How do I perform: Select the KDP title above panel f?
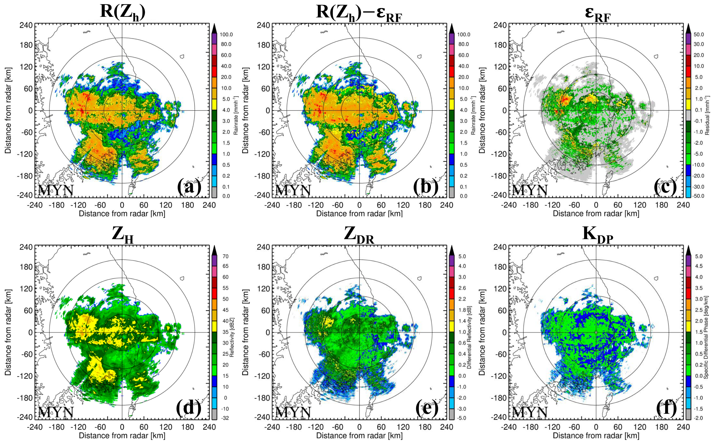click(x=597, y=235)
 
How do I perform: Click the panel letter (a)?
click(x=189, y=187)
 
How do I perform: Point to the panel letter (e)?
click(x=427, y=409)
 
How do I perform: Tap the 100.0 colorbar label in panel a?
click(x=226, y=34)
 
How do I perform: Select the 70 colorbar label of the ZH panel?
click(x=225, y=256)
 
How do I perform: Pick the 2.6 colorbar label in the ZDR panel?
click(x=462, y=288)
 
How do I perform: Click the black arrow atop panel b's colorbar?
click(x=452, y=28)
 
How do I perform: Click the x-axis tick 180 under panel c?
click(x=662, y=205)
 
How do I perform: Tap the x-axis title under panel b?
click(x=359, y=214)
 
